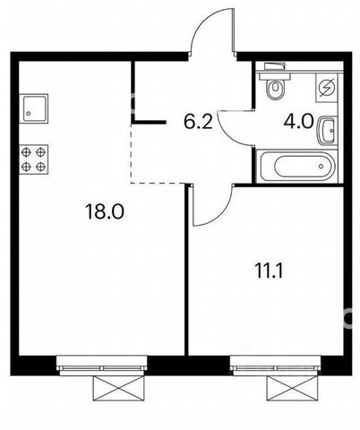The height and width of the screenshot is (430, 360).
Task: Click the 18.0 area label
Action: (104, 211)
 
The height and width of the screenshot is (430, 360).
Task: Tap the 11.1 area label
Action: (269, 271)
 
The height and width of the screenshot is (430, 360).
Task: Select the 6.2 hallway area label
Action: (198, 122)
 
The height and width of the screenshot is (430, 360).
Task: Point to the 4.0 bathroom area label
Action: (298, 122)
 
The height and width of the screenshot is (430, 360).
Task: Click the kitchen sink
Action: (33, 108)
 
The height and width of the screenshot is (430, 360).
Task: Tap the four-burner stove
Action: (33, 159)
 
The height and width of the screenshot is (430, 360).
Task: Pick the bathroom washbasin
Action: (327, 131)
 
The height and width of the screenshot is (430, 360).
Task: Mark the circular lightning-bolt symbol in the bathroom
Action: (327, 88)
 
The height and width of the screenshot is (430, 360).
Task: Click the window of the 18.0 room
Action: (101, 365)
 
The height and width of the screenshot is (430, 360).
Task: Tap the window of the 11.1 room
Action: (276, 365)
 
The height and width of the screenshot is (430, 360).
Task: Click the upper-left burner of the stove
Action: (26, 152)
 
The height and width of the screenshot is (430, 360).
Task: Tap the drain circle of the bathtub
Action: (321, 166)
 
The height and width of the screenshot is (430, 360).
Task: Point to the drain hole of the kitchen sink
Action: (29, 114)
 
